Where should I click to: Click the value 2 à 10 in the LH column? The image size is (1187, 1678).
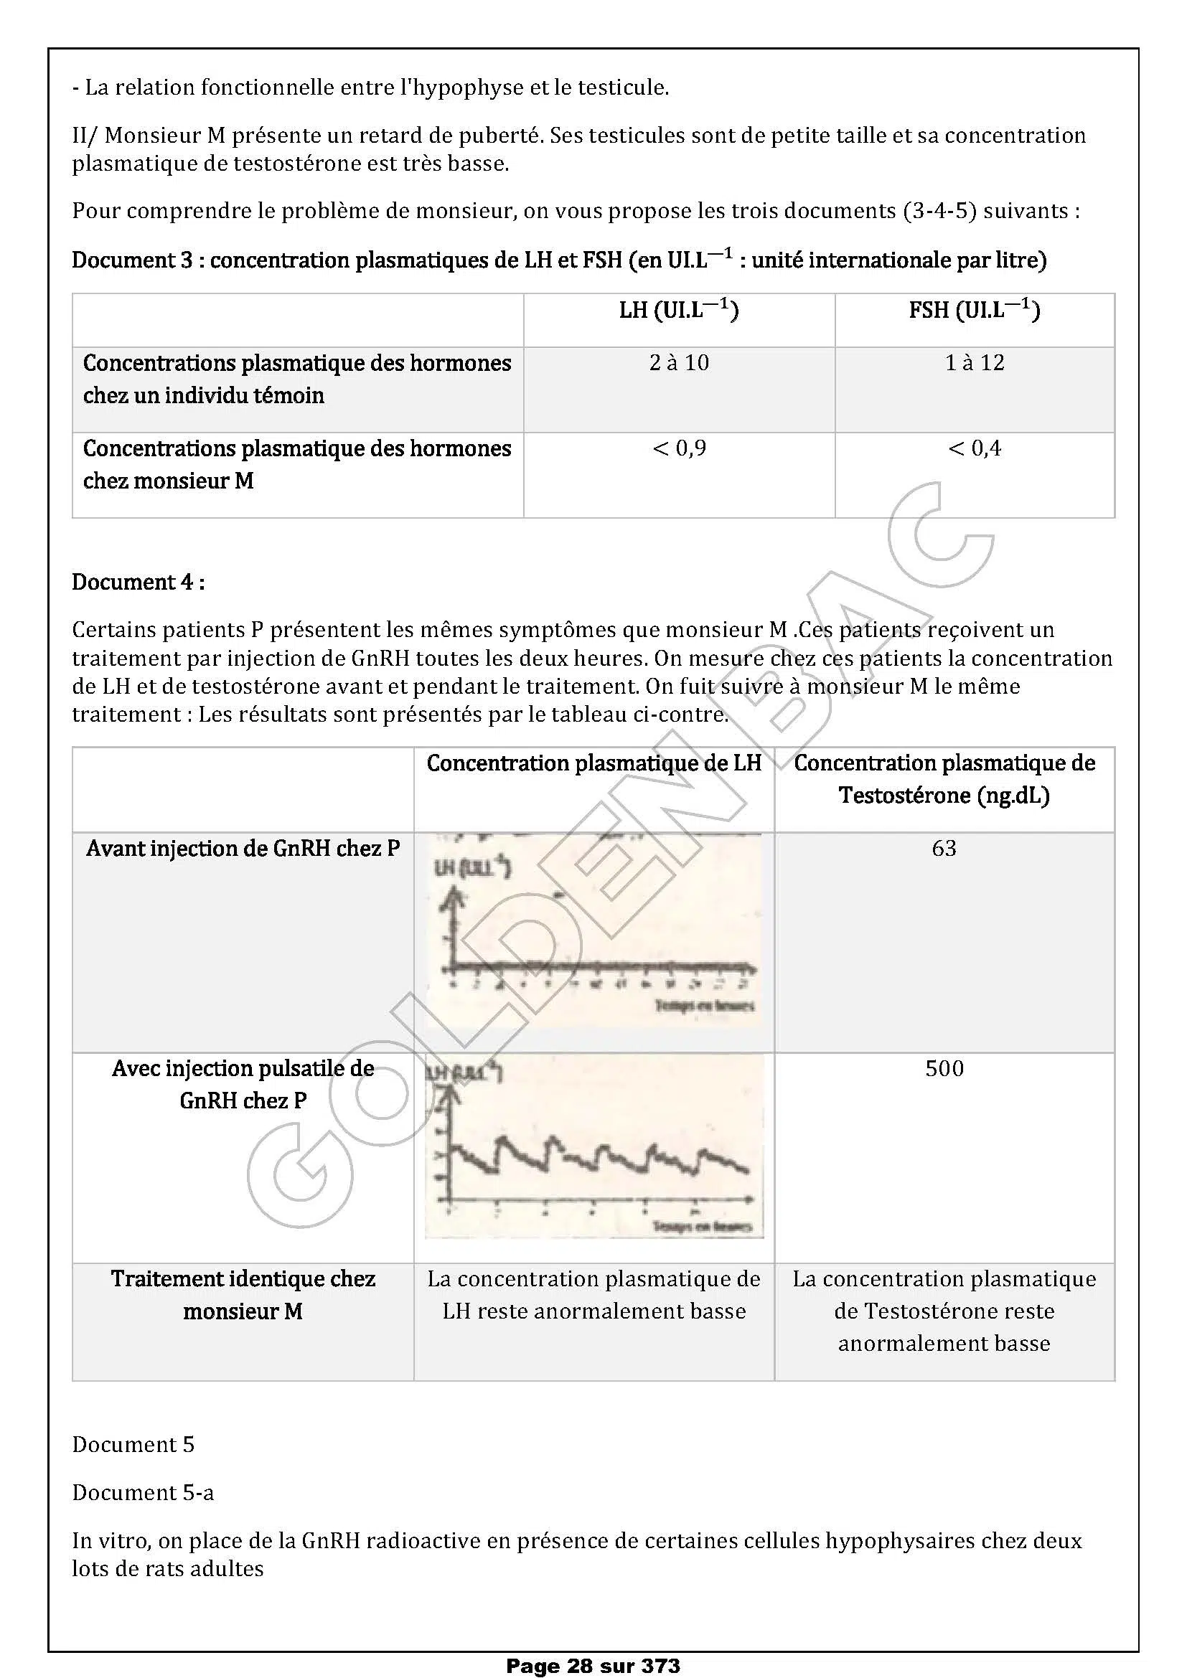(679, 363)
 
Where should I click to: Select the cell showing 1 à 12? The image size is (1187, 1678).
(975, 363)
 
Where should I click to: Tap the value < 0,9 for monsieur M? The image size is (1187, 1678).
(679, 448)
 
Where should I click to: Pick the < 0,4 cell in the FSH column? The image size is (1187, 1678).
(975, 448)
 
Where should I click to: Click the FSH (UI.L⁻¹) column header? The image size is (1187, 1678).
(975, 311)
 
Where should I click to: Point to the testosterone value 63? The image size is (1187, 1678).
(944, 848)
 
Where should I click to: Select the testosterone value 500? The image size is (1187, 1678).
(944, 1068)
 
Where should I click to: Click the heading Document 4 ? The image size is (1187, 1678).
(138, 583)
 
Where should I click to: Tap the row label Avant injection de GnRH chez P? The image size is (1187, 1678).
(243, 849)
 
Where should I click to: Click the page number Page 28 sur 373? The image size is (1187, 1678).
(593, 1666)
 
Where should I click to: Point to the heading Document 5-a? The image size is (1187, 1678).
(143, 1492)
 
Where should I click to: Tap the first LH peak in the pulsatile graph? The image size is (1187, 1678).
(502, 1139)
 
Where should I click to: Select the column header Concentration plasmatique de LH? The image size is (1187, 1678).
(593, 764)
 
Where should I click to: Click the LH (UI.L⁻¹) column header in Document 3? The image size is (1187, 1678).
(679, 311)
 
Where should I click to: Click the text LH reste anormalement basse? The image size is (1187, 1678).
(593, 1311)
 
